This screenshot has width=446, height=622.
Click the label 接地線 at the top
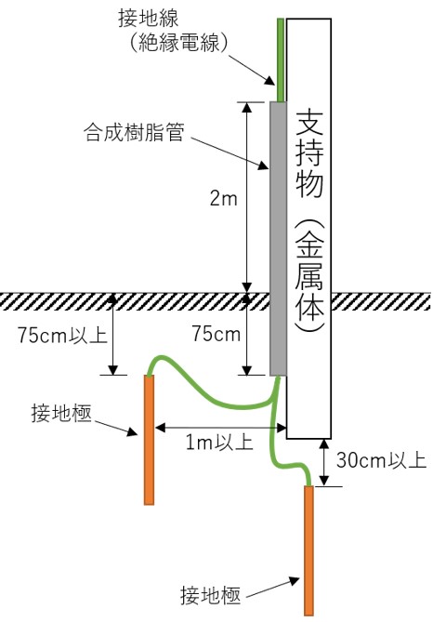click(x=149, y=19)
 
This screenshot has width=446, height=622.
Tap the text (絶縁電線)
click(x=178, y=43)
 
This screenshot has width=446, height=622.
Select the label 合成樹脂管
click(x=134, y=132)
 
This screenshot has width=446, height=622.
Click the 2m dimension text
click(x=223, y=198)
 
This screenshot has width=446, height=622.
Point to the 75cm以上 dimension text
click(x=62, y=336)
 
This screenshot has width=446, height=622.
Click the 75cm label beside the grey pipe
click(x=216, y=334)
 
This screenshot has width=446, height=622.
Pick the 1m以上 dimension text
click(x=219, y=442)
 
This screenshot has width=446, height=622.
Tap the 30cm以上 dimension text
click(x=381, y=460)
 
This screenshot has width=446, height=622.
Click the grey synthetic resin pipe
click(x=279, y=238)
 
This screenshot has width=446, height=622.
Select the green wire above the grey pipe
click(x=281, y=60)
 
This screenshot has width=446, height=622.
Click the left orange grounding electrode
click(x=149, y=440)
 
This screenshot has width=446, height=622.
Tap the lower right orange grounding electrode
click(x=308, y=550)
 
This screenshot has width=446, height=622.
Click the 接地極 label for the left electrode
click(x=61, y=413)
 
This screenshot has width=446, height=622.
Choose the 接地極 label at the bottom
click(x=211, y=595)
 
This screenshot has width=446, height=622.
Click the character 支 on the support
click(x=309, y=123)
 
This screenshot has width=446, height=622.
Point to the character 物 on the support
click(x=309, y=184)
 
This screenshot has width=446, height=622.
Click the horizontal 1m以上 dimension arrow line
click(x=221, y=428)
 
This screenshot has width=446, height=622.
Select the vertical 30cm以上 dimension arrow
click(x=324, y=462)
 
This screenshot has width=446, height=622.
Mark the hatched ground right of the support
click(x=381, y=301)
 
